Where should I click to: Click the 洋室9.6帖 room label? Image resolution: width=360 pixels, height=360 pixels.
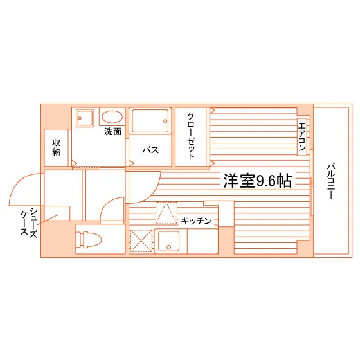pyautogui.click(x=258, y=181)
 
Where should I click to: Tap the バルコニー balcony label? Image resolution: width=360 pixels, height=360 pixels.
pyautogui.click(x=331, y=181)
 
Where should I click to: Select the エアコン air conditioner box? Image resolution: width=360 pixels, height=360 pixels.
pyautogui.click(x=302, y=137)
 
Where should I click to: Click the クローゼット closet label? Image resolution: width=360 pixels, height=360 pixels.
pyautogui.click(x=191, y=136)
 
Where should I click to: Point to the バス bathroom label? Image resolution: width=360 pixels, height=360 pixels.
pyautogui.click(x=150, y=150)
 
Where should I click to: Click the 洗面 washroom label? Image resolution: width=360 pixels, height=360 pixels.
pyautogui.click(x=113, y=131)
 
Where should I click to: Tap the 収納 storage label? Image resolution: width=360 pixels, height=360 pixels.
pyautogui.click(x=57, y=147)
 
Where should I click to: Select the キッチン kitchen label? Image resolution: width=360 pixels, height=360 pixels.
pyautogui.click(x=196, y=221)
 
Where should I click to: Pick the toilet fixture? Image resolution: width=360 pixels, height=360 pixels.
pyautogui.click(x=89, y=239)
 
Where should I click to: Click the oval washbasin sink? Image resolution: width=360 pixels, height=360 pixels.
pyautogui.click(x=113, y=117)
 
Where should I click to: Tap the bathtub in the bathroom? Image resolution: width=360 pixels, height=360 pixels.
pyautogui.click(x=150, y=121)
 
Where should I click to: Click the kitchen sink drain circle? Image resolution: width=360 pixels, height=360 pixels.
pyautogui.click(x=168, y=247)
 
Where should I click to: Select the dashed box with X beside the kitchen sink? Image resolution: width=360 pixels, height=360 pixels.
pyautogui.click(x=141, y=241)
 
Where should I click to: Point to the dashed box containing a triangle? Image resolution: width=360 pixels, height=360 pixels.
pyautogui.click(x=166, y=213)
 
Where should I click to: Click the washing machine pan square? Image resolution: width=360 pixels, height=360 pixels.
pyautogui.click(x=85, y=118)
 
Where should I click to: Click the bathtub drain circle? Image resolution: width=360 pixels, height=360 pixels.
pyautogui.click(x=165, y=121)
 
